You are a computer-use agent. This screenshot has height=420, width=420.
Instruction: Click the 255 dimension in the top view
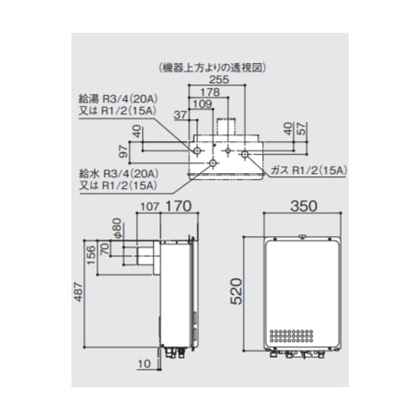pyautogui.click(x=219, y=80)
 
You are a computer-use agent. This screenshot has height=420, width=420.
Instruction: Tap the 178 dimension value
pyautogui.click(x=211, y=92)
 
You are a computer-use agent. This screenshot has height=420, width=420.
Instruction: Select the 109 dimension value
pyautogui.click(x=203, y=104)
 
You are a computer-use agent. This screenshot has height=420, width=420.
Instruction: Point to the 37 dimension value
pyautogui.click(x=181, y=115)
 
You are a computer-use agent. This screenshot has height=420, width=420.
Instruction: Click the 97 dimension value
pyautogui.click(x=123, y=152)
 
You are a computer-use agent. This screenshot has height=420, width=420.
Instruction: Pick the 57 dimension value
pyautogui.click(x=302, y=129)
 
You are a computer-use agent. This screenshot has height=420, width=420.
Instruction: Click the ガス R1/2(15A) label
pyautogui.click(x=309, y=171)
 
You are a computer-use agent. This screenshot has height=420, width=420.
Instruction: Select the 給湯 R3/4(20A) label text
pyautogui.click(x=118, y=99)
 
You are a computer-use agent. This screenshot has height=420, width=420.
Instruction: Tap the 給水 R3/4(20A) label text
pyautogui.click(x=118, y=174)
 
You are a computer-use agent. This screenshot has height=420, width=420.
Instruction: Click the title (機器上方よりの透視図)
pyautogui.click(x=212, y=67)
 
